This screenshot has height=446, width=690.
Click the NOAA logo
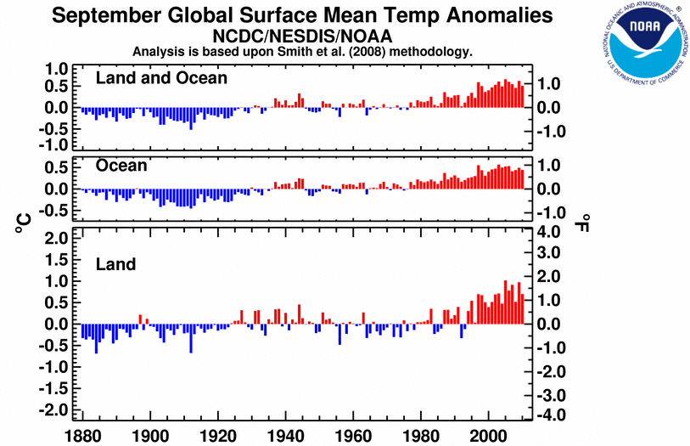point(642,44)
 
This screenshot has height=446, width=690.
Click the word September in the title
point(105,15)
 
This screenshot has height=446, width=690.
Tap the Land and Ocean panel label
point(162,78)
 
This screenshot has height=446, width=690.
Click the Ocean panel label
point(122,166)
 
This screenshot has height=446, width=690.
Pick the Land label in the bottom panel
point(115,264)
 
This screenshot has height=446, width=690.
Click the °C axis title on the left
point(20,223)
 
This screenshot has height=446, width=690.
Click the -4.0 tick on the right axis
point(551,415)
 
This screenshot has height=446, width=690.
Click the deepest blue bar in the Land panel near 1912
point(191,338)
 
